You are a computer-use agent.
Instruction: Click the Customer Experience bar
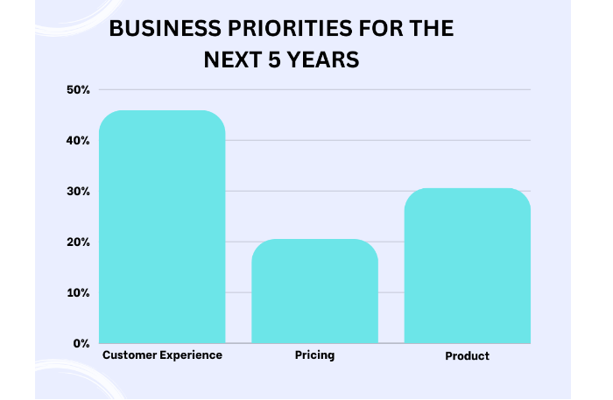[x=162, y=227]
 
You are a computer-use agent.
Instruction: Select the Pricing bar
[x=314, y=291]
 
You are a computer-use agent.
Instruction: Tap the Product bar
[x=467, y=265]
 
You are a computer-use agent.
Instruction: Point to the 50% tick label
[x=78, y=90]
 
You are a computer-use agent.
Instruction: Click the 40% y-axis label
[x=78, y=141]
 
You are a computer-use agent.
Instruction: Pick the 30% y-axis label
[x=78, y=192]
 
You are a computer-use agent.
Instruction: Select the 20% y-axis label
[x=78, y=242]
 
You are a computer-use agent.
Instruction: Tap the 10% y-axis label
[x=78, y=293]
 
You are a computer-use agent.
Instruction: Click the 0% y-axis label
[x=81, y=344]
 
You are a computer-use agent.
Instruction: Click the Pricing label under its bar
[x=314, y=355]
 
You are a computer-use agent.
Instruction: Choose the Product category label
[x=467, y=356]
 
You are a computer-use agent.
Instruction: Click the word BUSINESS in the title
[x=166, y=29]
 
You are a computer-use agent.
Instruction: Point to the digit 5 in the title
[x=274, y=60]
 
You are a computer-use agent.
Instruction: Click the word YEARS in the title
[x=323, y=60]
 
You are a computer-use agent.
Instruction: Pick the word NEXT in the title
[x=233, y=60]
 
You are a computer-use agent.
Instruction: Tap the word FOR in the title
[x=381, y=29]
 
